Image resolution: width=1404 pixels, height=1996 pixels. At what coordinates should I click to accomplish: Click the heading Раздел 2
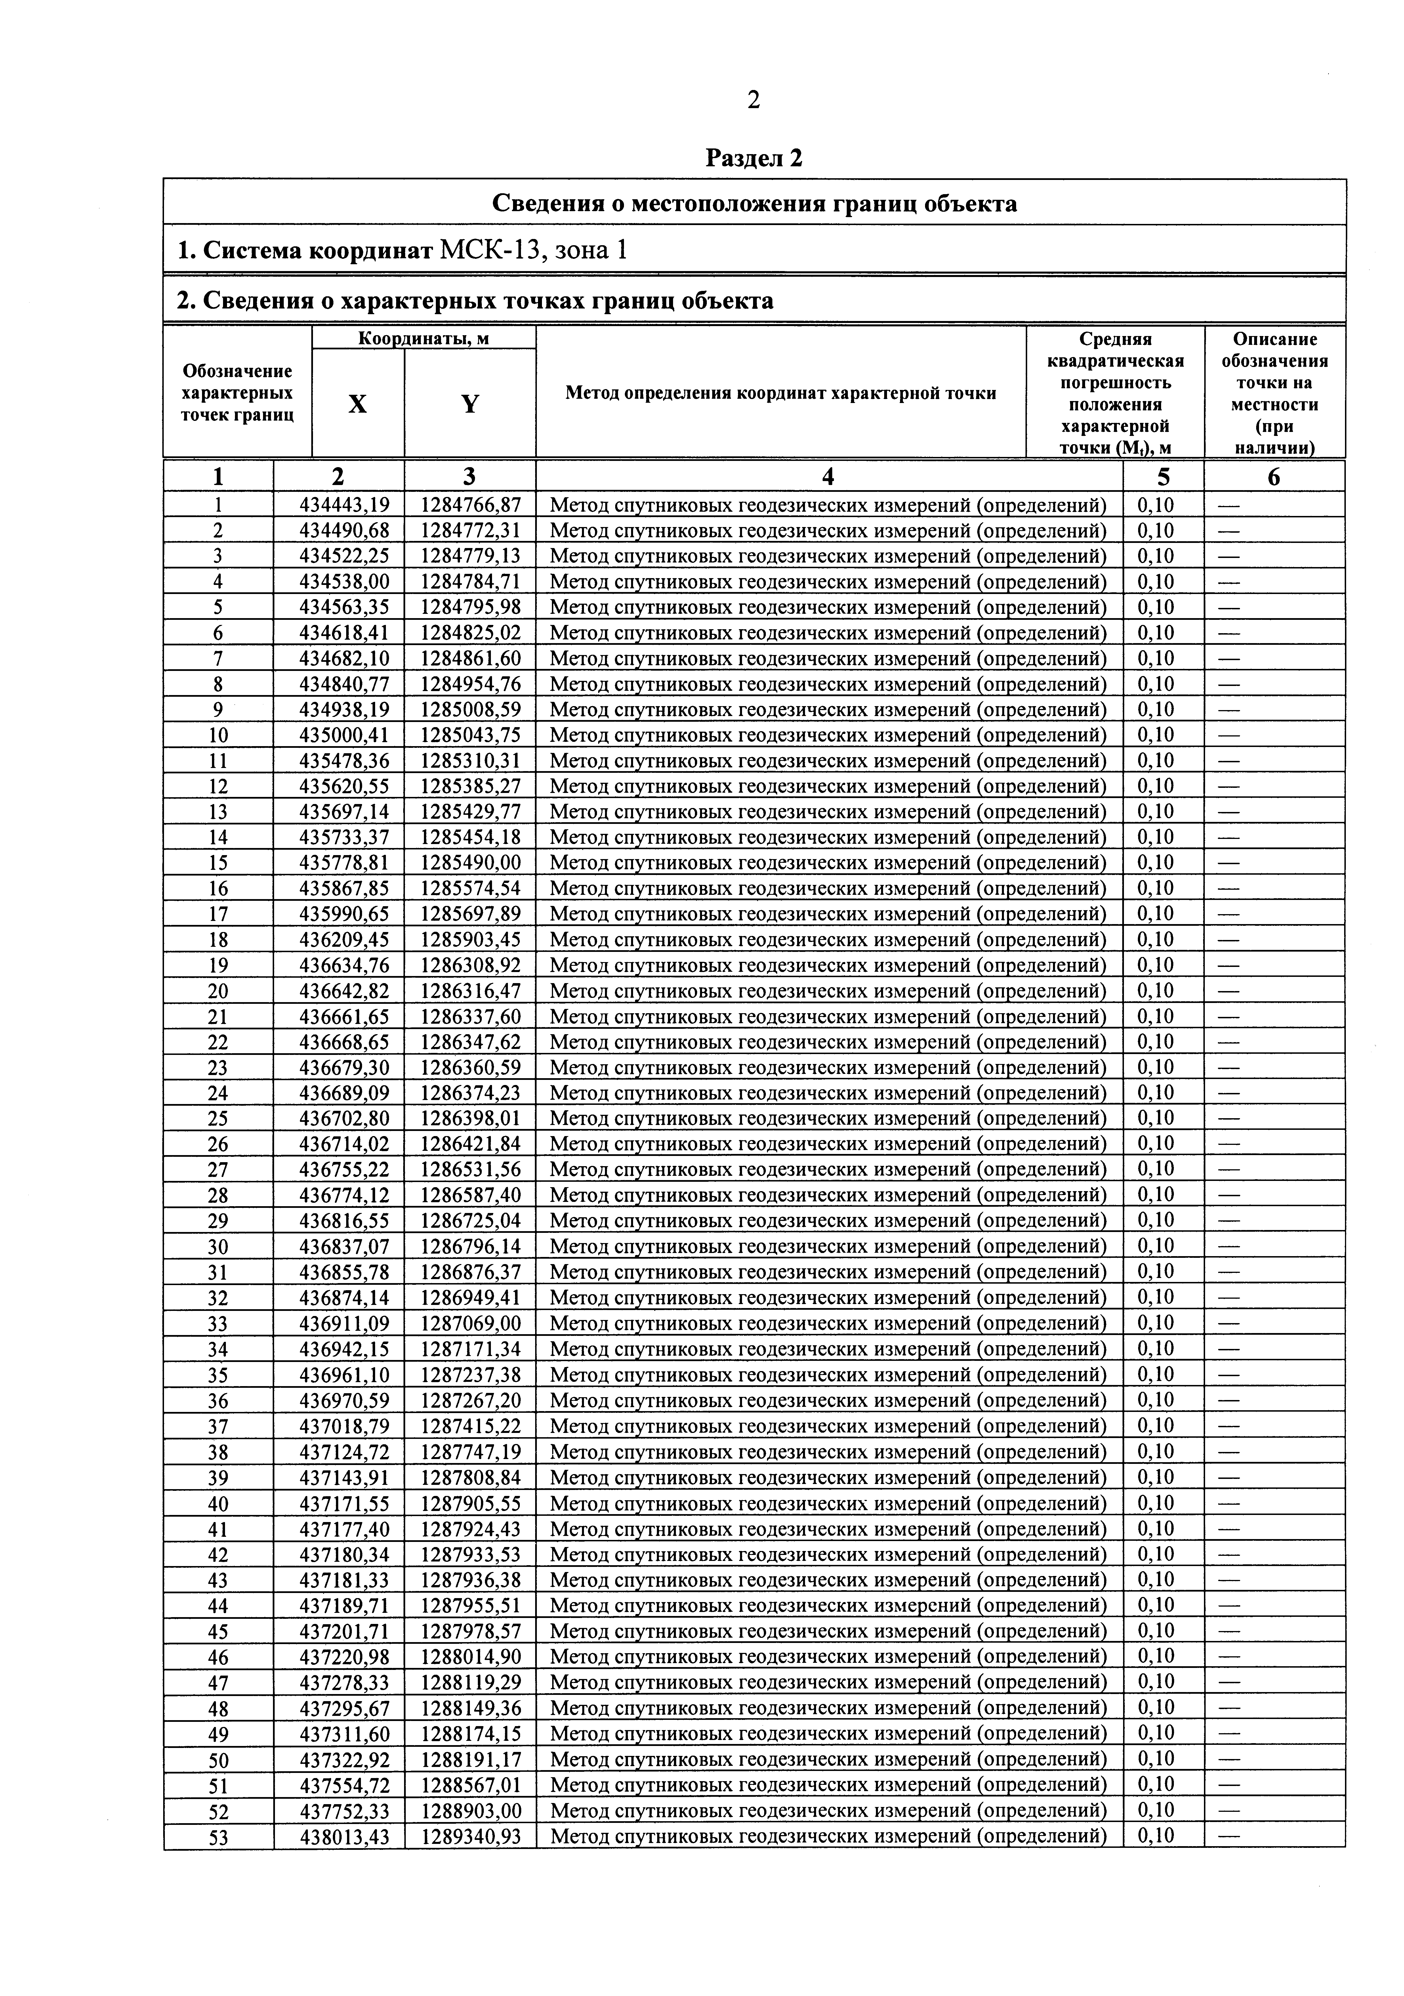click(x=754, y=158)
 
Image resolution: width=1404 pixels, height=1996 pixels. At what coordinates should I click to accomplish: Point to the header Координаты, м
click(x=423, y=338)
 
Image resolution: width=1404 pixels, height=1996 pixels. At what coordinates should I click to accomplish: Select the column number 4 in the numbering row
click(x=829, y=477)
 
